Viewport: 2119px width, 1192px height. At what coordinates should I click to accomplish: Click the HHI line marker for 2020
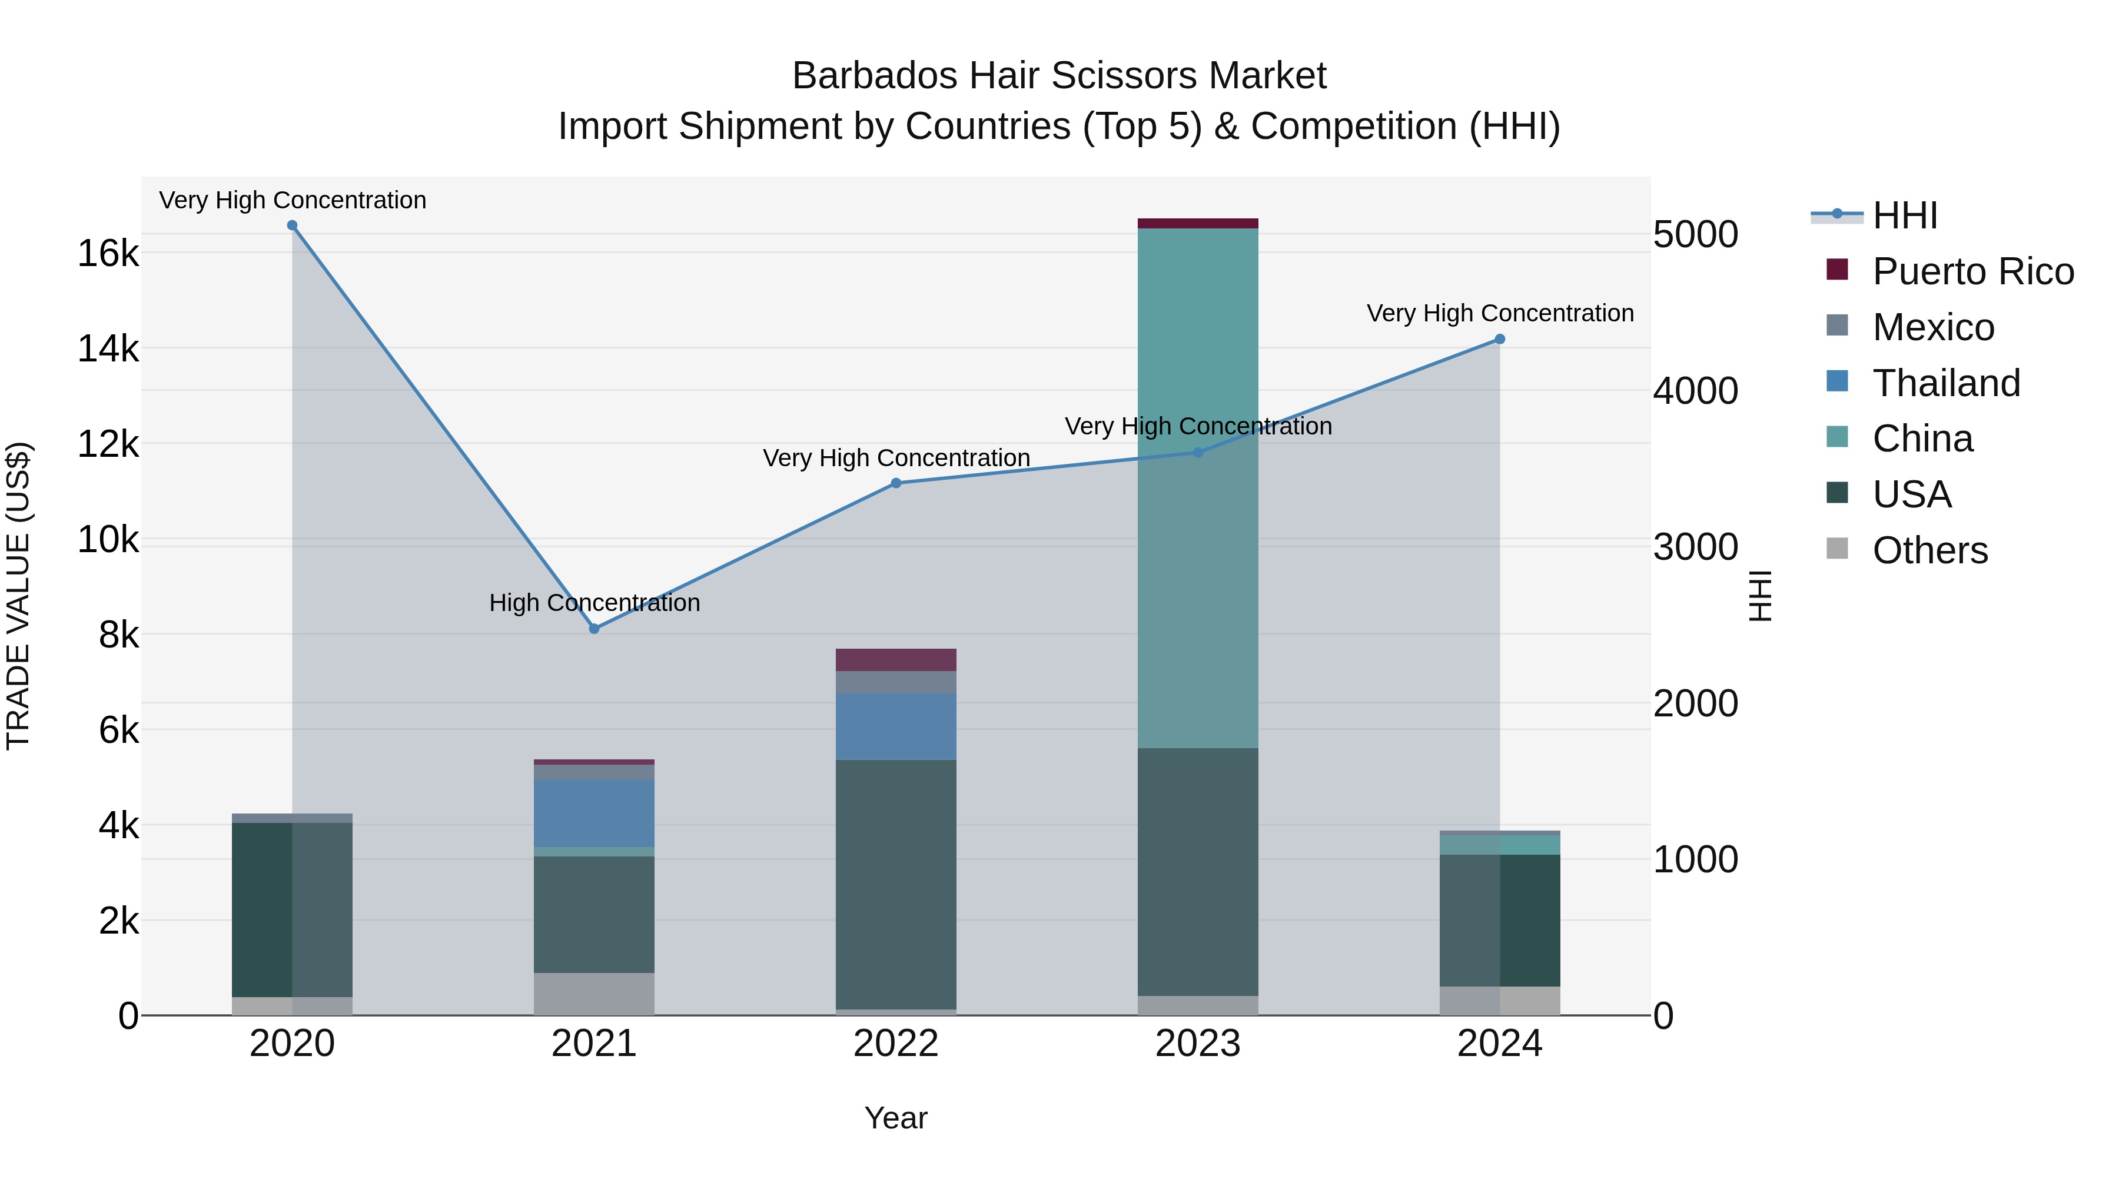[x=292, y=225]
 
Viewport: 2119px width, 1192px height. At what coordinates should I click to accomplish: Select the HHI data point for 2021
[x=594, y=629]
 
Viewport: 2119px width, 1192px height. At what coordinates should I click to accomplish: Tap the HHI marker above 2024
[x=1500, y=339]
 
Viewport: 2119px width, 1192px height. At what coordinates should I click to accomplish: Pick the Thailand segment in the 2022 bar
[x=896, y=726]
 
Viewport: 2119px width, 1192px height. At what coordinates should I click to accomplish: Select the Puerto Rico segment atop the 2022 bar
[x=896, y=660]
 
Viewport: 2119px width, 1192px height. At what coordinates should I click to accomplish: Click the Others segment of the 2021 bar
[x=594, y=994]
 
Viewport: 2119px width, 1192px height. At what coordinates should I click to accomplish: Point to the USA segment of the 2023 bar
[x=1198, y=872]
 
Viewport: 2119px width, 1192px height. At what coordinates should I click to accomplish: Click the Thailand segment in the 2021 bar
[x=594, y=813]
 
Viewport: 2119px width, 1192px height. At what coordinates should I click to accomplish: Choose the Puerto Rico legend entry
[x=1972, y=271]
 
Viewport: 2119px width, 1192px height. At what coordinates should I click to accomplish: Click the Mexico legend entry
[x=1933, y=327]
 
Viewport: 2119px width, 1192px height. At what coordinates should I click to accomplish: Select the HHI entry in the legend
[x=1904, y=215]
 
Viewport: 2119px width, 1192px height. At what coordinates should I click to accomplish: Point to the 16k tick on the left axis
[x=108, y=253]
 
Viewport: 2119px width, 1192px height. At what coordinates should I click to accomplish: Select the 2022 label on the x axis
[x=896, y=1044]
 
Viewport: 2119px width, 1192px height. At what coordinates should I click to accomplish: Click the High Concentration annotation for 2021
[x=594, y=603]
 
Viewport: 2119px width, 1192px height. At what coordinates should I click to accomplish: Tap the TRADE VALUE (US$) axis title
[x=18, y=596]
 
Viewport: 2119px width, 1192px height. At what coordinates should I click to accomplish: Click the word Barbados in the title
[x=862, y=77]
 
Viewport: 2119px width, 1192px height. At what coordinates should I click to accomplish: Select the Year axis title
[x=896, y=1118]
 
